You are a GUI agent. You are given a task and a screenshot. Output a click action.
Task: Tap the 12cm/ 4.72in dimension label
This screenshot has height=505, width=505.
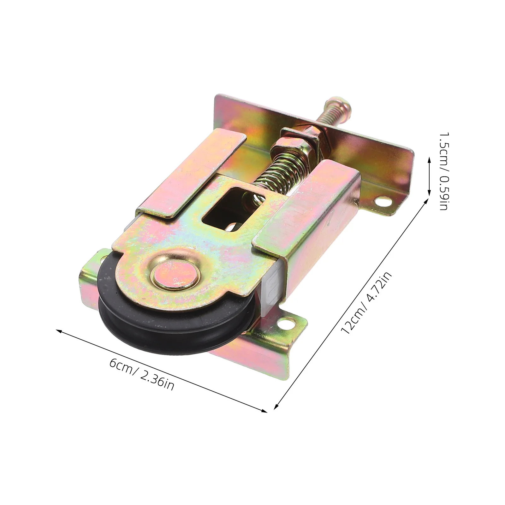point(367,303)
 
